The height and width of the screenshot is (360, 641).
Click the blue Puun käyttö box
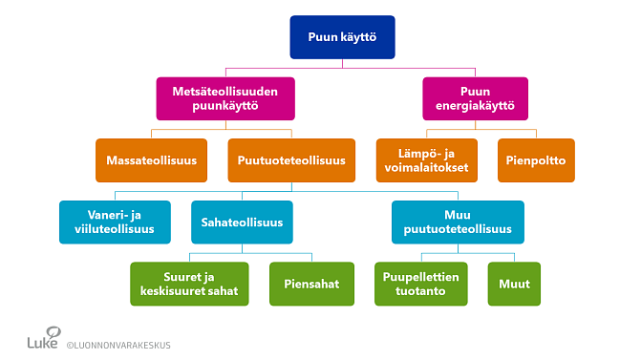coord(342,37)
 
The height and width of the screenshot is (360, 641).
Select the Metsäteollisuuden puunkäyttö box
coord(225,98)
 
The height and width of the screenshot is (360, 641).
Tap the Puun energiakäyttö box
coord(475,98)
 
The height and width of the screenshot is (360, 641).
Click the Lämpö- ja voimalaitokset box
coord(426,160)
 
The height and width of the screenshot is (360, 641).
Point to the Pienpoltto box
coord(536,160)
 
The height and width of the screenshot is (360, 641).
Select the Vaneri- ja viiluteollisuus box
coord(115,222)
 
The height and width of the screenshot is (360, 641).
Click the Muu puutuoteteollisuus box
coord(458,222)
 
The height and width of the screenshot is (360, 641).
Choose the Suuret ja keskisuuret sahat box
coord(190,284)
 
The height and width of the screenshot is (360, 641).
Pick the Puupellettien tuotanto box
coord(420,284)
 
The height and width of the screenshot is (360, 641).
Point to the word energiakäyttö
coord(475,106)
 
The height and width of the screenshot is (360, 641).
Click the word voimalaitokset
coord(426,167)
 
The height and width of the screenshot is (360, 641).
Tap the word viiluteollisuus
coord(115,229)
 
